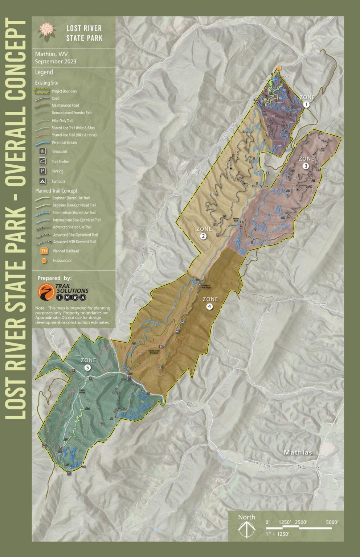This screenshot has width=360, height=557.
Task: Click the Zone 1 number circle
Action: tap(307, 104)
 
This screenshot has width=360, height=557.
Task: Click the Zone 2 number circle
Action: tap(204, 236)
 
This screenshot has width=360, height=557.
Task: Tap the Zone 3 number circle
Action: tap(306, 166)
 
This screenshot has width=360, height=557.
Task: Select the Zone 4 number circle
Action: tap(210, 306)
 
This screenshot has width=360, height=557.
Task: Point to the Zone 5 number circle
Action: tap(87, 367)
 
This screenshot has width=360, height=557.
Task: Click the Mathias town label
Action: tap(298, 452)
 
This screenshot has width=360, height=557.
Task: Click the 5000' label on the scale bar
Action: tap(332, 522)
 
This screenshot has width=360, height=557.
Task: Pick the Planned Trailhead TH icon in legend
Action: tap(44, 251)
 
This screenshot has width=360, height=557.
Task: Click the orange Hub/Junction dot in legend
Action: tap(44, 260)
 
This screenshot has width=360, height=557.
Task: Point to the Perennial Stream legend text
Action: tap(64, 143)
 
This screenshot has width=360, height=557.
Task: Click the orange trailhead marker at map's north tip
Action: tap(279, 68)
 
